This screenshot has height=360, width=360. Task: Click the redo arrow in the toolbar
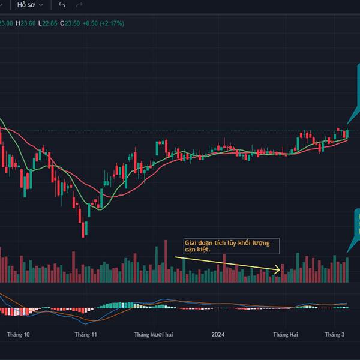click(x=79, y=5)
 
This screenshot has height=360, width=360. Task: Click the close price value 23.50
click(x=73, y=23)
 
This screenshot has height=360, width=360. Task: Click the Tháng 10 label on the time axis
click(x=19, y=335)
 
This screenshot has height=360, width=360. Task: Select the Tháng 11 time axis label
click(x=86, y=335)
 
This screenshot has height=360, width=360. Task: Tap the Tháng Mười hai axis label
click(x=153, y=335)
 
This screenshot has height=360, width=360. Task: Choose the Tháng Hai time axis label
click(x=285, y=335)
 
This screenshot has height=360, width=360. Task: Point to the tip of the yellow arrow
click(x=280, y=271)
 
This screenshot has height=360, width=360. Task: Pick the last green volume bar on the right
click(x=347, y=270)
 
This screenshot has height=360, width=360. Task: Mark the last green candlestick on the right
click(x=347, y=133)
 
